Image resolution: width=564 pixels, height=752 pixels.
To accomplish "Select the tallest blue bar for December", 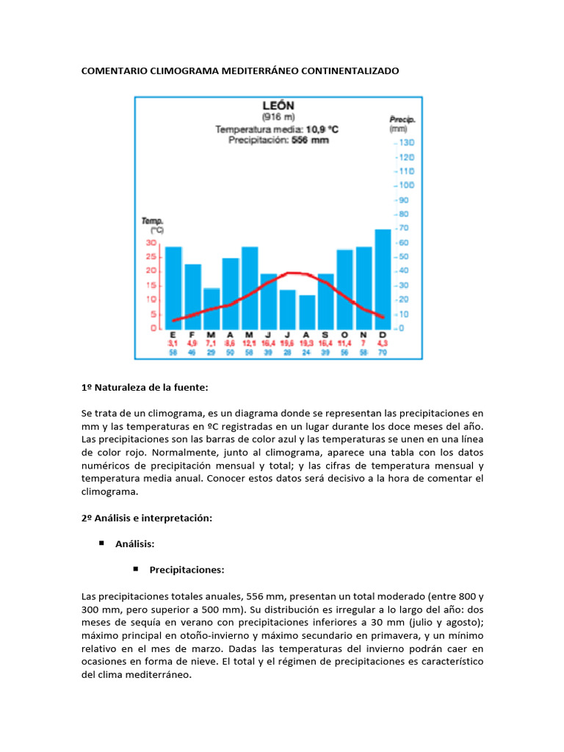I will click(383, 279).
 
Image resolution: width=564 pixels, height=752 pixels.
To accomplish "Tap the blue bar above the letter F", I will click(192, 296).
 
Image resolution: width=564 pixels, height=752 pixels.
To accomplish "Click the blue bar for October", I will click(344, 289).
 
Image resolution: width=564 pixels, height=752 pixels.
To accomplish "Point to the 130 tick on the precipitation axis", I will click(406, 142).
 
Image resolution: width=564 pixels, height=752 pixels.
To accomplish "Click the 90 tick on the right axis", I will click(404, 200).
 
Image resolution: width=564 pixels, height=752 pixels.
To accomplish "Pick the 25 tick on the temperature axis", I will click(151, 257).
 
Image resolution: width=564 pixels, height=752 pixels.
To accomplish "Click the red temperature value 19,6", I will click(287, 343).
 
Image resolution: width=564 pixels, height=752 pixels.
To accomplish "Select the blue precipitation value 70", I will click(382, 352).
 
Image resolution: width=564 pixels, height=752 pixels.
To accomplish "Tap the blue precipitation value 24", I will click(306, 352).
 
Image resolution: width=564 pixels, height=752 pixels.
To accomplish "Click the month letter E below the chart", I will click(173, 335).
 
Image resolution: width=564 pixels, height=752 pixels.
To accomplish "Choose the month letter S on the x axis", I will click(325, 335).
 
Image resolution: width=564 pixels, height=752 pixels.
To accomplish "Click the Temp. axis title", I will click(153, 221).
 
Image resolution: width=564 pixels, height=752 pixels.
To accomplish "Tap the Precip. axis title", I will click(402, 119).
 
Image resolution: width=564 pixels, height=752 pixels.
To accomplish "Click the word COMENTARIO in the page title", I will click(113, 71).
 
